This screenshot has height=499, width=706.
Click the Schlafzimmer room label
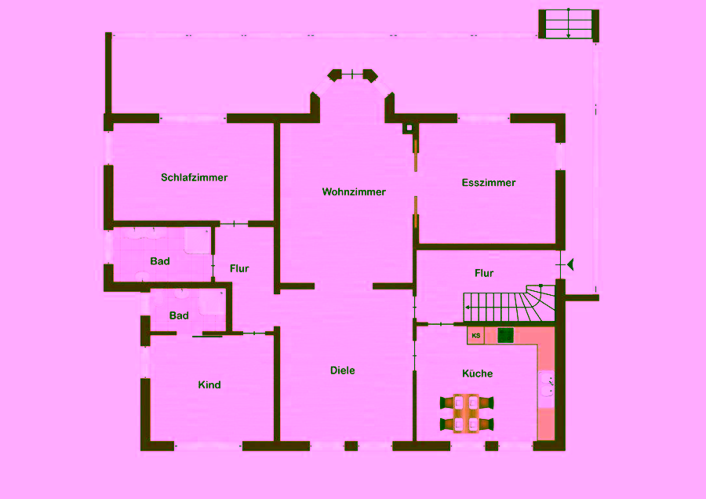tap(194, 177)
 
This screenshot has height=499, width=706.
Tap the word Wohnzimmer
tap(354, 192)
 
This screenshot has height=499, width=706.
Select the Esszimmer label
tap(489, 182)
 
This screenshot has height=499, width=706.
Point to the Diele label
tap(342, 370)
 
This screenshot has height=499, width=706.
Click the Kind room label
tap(209, 384)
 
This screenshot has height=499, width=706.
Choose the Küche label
tap(477, 373)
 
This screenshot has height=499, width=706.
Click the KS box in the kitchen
tap(475, 336)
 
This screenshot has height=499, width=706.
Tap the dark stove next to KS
tap(505, 336)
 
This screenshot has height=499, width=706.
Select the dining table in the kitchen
tap(467, 413)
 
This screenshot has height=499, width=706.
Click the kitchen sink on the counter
tap(547, 384)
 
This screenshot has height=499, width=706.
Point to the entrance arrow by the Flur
tap(570, 264)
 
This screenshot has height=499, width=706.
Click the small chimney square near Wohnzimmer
tap(409, 128)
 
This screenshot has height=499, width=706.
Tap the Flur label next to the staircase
tap(484, 273)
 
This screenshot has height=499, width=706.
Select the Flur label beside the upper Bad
tap(239, 268)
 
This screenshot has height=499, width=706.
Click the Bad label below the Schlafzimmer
tap(160, 261)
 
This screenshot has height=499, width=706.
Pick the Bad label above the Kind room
tap(179, 315)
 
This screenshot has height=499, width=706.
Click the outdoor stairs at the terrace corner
tap(569, 24)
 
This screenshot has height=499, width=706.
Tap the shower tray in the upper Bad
tap(197, 241)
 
